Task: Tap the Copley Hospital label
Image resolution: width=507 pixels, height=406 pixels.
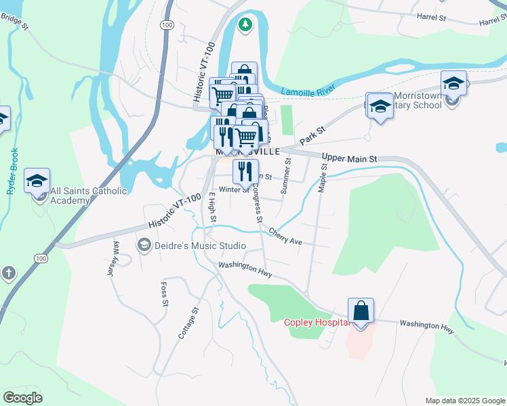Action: (317, 322)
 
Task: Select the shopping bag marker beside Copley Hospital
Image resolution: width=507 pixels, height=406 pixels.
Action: (361, 312)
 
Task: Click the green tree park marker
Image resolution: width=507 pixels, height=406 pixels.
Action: (245, 25)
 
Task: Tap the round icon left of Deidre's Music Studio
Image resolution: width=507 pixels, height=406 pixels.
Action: (143, 244)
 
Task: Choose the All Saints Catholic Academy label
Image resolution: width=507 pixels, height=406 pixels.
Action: (89, 196)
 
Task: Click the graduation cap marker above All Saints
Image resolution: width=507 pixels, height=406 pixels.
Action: (37, 181)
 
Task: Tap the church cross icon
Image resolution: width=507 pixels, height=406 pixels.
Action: (8, 273)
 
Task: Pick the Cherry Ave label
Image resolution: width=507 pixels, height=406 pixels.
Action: (285, 236)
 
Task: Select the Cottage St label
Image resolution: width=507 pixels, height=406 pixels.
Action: (190, 323)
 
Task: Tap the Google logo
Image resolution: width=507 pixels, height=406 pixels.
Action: (23, 398)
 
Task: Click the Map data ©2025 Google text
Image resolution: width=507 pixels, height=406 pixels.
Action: (464, 401)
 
